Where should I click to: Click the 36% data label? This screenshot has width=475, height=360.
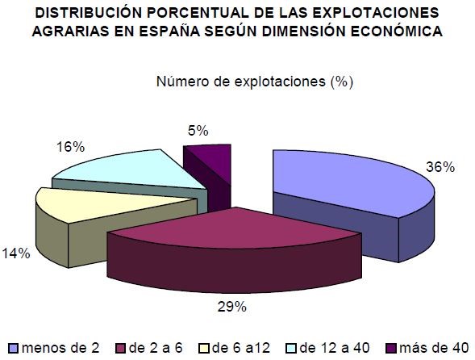click(x=441, y=167)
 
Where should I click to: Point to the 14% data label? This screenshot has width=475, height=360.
click(x=17, y=253)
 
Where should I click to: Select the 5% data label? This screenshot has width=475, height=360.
click(x=198, y=130)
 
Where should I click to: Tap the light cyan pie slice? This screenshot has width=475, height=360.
click(x=121, y=170)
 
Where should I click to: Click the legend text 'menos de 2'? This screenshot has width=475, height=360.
click(x=61, y=347)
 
